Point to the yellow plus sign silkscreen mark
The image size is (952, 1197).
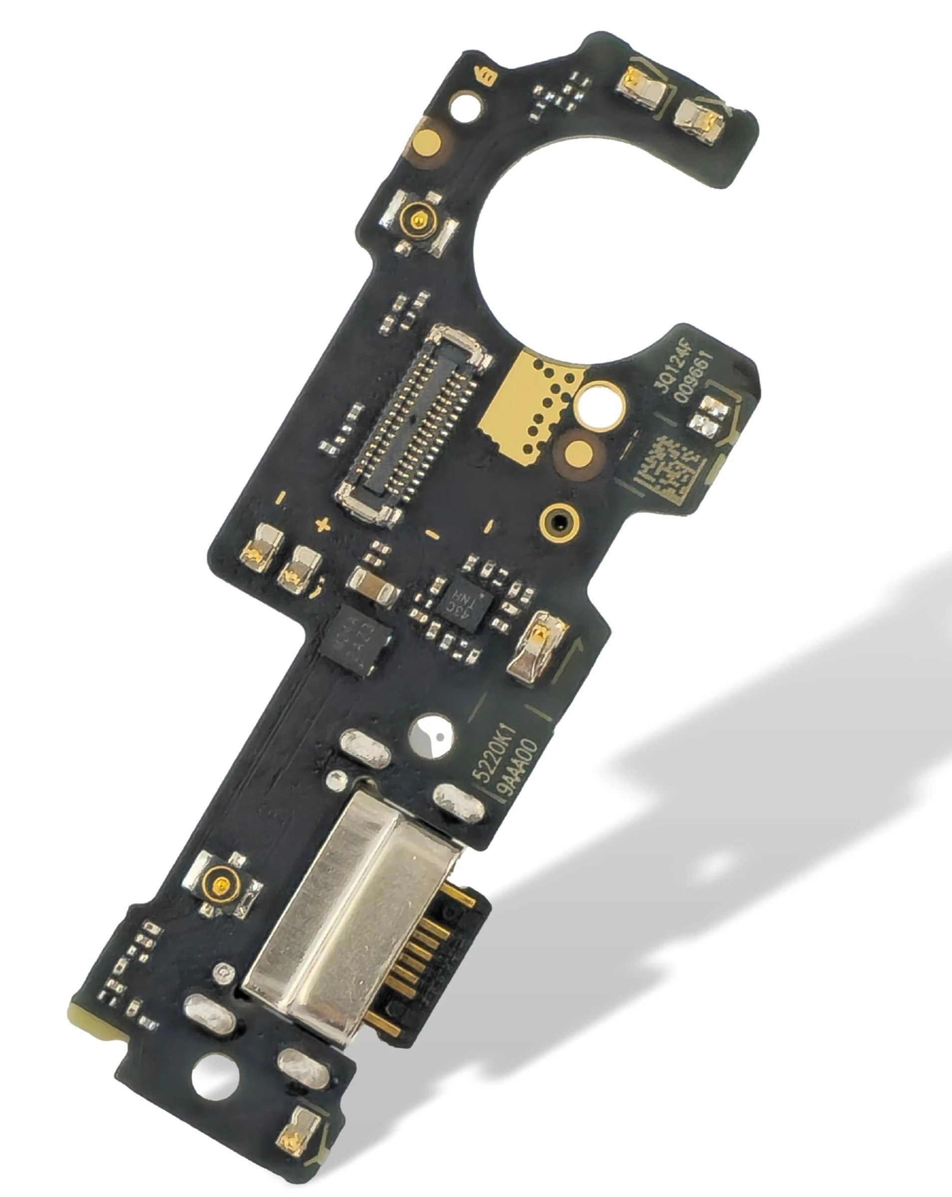[322, 524]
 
